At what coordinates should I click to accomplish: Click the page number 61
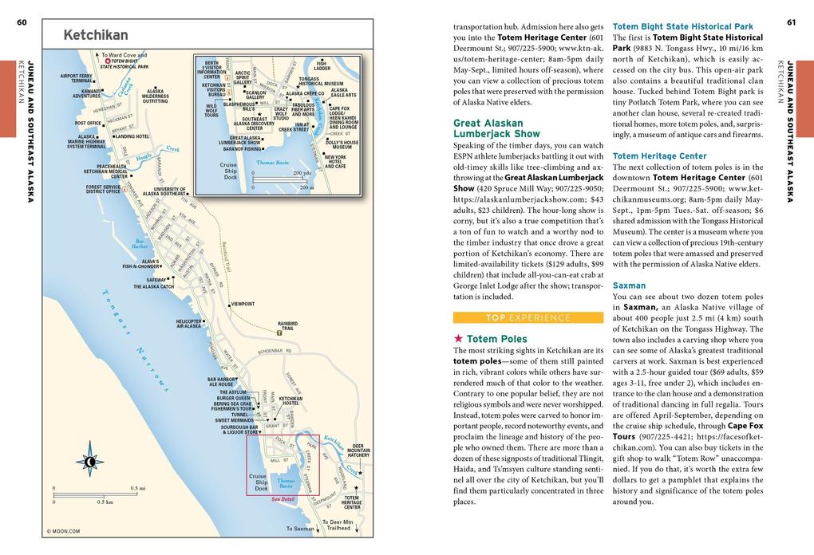[791, 22]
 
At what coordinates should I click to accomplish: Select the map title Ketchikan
[95, 35]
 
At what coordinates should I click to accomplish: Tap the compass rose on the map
[90, 461]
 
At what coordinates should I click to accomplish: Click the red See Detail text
[283, 499]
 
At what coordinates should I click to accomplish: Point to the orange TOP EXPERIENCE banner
[528, 317]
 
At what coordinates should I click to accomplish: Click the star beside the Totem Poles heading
[458, 339]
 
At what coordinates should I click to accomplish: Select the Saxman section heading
[629, 285]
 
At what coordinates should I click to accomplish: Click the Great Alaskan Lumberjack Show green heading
[496, 128]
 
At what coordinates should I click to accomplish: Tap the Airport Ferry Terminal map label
[76, 78]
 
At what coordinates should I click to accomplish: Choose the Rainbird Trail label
[287, 325]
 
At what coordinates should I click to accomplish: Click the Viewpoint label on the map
[243, 304]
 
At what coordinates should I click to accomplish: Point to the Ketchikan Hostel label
[290, 401]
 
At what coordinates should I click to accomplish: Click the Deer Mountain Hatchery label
[358, 451]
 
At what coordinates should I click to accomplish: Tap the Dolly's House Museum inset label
[342, 144]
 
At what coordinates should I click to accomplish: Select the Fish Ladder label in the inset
[322, 65]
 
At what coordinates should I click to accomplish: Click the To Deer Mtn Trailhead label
[338, 525]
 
